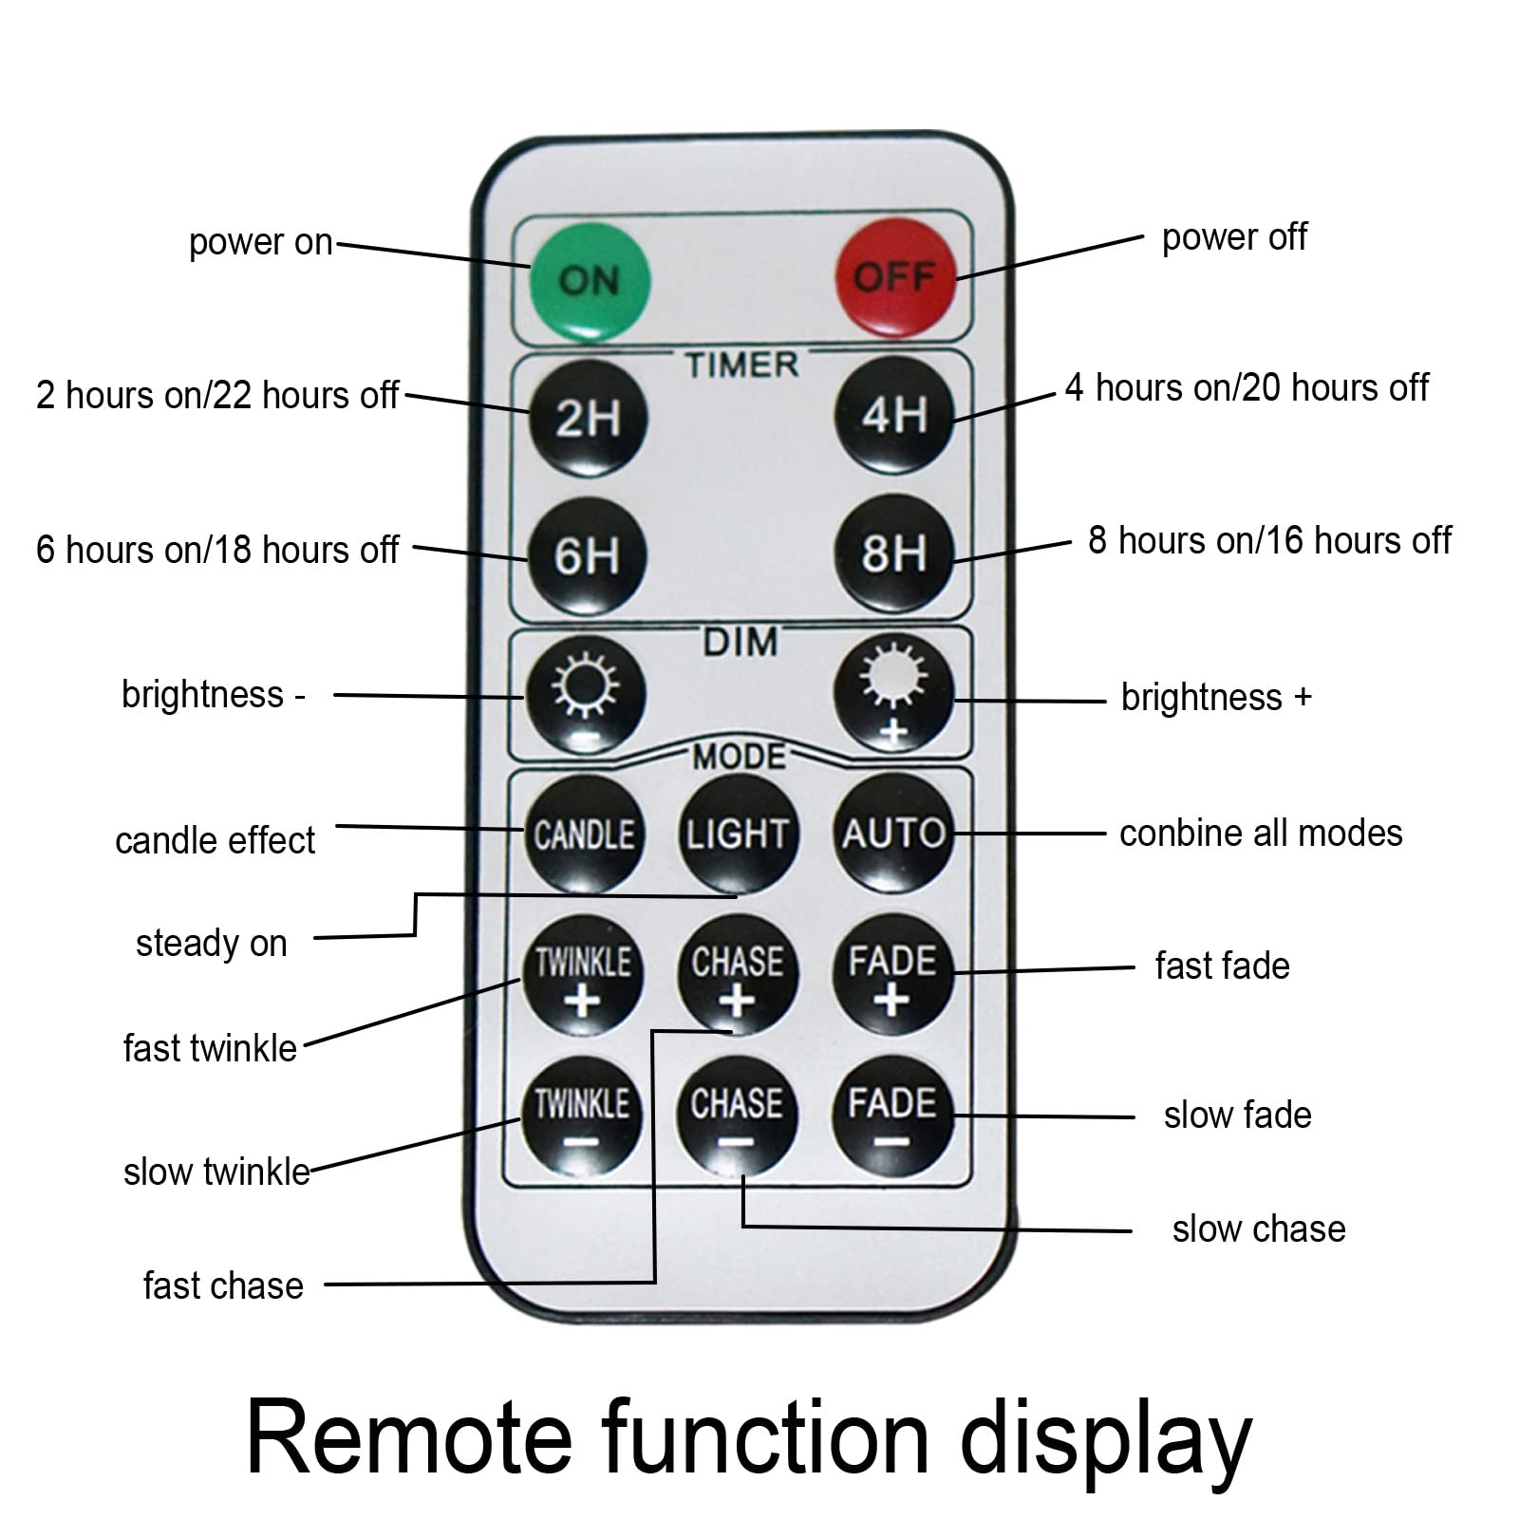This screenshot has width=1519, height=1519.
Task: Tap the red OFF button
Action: click(894, 277)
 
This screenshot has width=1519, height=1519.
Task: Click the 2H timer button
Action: click(588, 418)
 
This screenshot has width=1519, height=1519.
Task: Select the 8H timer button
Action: click(893, 553)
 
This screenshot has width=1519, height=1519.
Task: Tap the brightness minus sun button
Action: click(586, 696)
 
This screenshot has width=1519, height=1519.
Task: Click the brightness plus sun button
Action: click(893, 693)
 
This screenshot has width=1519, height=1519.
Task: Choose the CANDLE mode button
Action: click(584, 835)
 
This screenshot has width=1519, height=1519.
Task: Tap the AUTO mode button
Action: click(893, 833)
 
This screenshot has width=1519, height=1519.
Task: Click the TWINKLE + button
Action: click(583, 975)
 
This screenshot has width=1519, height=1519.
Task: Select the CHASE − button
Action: click(737, 1116)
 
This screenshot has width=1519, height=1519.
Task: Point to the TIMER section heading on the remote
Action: click(741, 365)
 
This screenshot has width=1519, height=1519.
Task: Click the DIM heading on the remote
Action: click(741, 643)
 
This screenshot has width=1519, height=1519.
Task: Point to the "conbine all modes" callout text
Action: click(1261, 833)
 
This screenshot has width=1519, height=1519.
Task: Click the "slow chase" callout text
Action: click(1259, 1228)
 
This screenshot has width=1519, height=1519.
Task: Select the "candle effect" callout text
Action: click(215, 840)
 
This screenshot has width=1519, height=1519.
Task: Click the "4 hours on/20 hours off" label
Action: click(1247, 387)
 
